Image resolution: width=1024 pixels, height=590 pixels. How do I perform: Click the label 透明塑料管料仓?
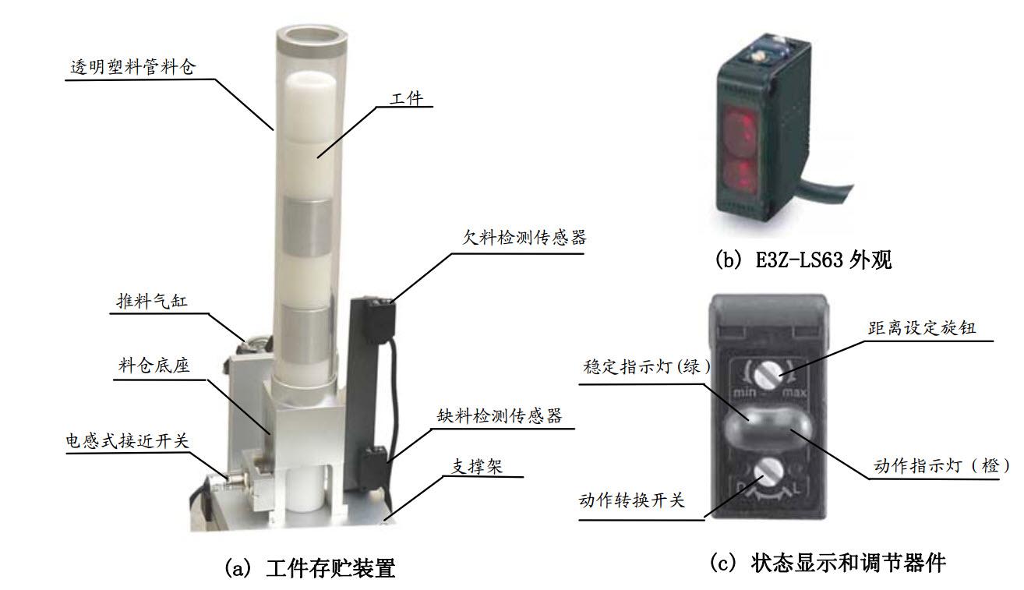pyautogui.click(x=133, y=67)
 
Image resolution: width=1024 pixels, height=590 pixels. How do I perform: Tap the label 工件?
pyautogui.click(x=406, y=98)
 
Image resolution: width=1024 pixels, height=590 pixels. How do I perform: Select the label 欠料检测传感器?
pyautogui.click(x=524, y=238)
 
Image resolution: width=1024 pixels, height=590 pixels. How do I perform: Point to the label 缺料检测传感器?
pyautogui.click(x=500, y=415)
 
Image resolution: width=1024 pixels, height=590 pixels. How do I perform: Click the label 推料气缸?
pyautogui.click(x=152, y=301)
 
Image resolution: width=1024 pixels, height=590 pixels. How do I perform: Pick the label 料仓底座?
pyautogui.click(x=154, y=366)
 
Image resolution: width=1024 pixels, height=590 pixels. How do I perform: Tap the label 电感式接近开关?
pyautogui.click(x=127, y=440)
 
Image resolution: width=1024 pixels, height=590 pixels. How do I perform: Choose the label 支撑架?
pyautogui.click(x=477, y=467)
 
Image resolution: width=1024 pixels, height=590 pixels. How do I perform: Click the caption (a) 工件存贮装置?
pyautogui.click(x=310, y=568)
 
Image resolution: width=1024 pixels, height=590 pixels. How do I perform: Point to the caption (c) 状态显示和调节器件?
pyautogui.click(x=828, y=562)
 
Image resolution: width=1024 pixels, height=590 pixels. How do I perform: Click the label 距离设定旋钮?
pyautogui.click(x=922, y=327)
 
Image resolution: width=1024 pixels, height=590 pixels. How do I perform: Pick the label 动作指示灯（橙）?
pyautogui.click(x=941, y=465)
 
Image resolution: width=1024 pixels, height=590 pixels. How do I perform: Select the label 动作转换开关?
pyautogui.click(x=632, y=500)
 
